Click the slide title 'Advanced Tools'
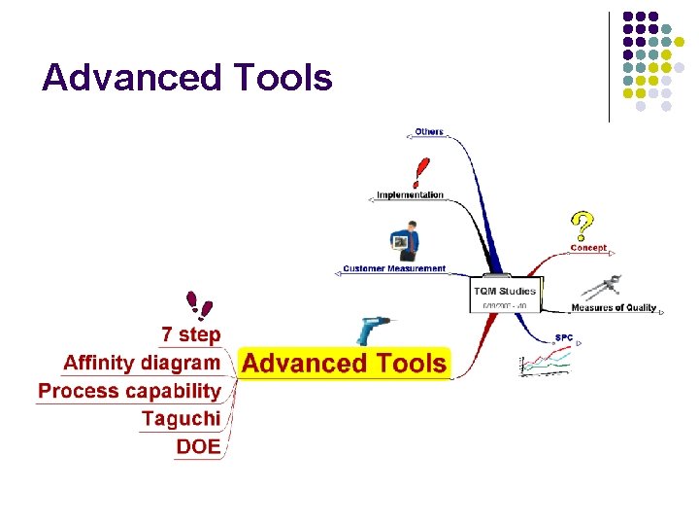click(x=187, y=78)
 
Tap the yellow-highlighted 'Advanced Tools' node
click(x=345, y=364)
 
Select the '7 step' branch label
click(x=191, y=334)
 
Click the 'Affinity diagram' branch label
click(x=142, y=363)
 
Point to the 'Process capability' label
click(x=130, y=391)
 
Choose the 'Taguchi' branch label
click(x=181, y=419)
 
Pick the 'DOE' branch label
click(x=198, y=447)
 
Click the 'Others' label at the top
click(x=428, y=131)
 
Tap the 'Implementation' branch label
click(x=410, y=194)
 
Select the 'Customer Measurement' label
click(x=394, y=268)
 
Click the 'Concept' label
click(x=588, y=247)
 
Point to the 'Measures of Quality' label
click(x=614, y=308)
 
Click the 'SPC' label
click(x=563, y=337)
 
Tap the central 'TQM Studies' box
click(x=504, y=296)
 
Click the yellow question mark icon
click(x=581, y=227)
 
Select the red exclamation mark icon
click(x=420, y=172)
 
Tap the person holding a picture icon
click(x=404, y=243)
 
